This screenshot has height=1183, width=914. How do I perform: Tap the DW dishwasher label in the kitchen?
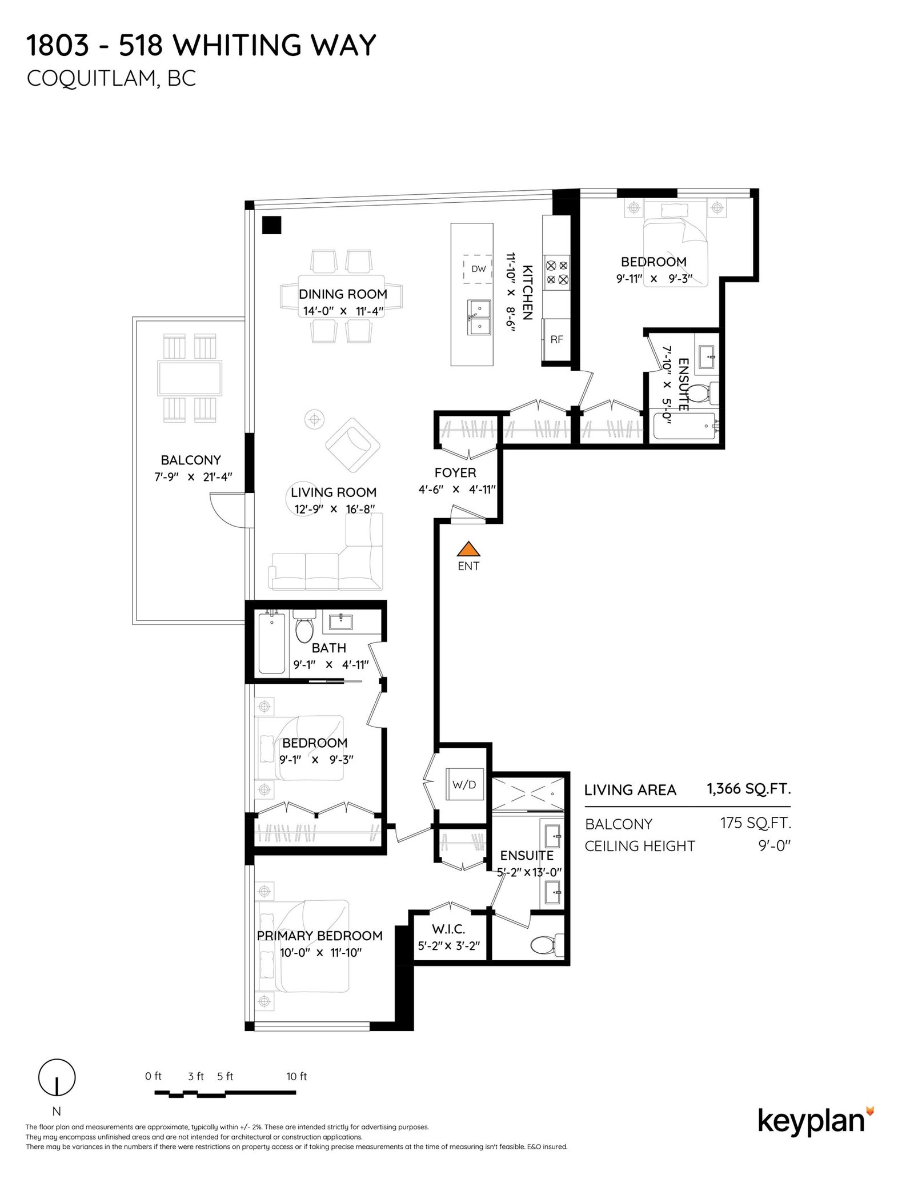coord(478,269)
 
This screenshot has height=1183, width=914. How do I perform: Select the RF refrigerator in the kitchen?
coord(556,339)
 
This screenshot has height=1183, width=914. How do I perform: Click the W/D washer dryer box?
coord(464,784)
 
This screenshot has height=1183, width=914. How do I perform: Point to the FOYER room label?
coord(455,472)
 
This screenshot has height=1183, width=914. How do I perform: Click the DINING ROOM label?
coord(343,294)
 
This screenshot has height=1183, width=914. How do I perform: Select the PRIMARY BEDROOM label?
coord(320,936)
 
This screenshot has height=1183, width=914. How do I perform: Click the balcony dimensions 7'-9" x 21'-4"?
coord(193,477)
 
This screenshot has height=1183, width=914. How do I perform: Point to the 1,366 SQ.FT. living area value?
coord(749,789)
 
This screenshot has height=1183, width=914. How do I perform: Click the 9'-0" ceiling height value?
coord(775,846)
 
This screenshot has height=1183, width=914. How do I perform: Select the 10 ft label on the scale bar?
coord(296,1076)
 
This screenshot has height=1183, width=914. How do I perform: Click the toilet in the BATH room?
coord(304,626)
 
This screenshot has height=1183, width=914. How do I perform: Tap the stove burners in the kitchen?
coord(557,272)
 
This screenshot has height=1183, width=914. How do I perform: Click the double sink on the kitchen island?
coord(479,318)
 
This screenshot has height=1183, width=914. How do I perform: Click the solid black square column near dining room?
coord(271,225)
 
